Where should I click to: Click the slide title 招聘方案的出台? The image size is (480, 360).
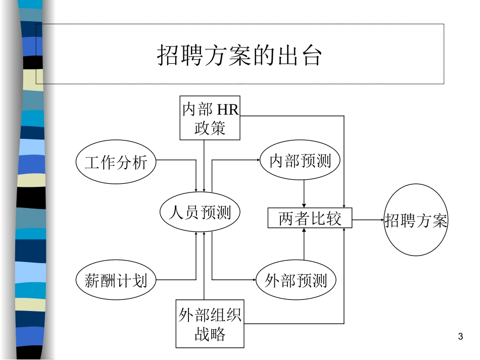pyautogui.click(x=239, y=55)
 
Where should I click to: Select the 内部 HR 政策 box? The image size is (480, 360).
pyautogui.click(x=210, y=118)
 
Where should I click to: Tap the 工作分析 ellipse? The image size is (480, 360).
pyautogui.click(x=116, y=163)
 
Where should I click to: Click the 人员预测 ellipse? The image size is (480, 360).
pyautogui.click(x=200, y=212)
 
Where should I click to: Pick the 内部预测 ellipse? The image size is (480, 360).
pyautogui.click(x=300, y=161)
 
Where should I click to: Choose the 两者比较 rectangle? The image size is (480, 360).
pyautogui.click(x=310, y=219)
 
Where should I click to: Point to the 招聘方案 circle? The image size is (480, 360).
pyautogui.click(x=416, y=220)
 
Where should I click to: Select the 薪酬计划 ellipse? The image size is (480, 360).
pyautogui.click(x=116, y=279)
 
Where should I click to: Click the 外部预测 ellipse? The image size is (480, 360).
pyautogui.click(x=296, y=280)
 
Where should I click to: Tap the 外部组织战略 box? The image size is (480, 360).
pyautogui.click(x=210, y=323)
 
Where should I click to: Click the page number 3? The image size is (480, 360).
pyautogui.click(x=460, y=337)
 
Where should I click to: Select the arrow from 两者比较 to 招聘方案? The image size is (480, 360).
pyautogui.click(x=368, y=220)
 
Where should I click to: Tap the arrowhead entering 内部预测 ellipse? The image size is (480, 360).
pyautogui.click(x=257, y=161)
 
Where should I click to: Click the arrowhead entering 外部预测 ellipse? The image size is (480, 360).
pyautogui.click(x=253, y=280)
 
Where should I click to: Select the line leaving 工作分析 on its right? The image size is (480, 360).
pyautogui.click(x=175, y=161)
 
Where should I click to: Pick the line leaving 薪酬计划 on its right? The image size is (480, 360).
pyautogui.click(x=175, y=279)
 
